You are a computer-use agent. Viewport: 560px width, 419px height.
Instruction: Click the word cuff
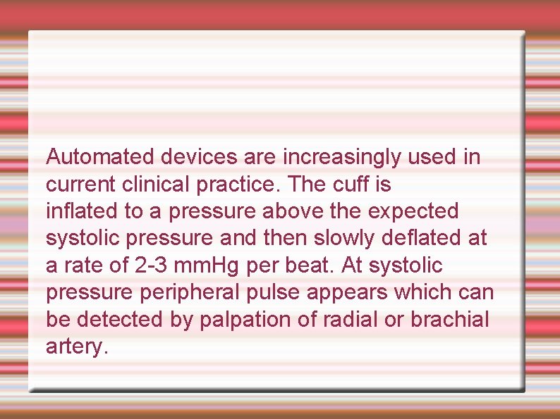click(354, 184)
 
